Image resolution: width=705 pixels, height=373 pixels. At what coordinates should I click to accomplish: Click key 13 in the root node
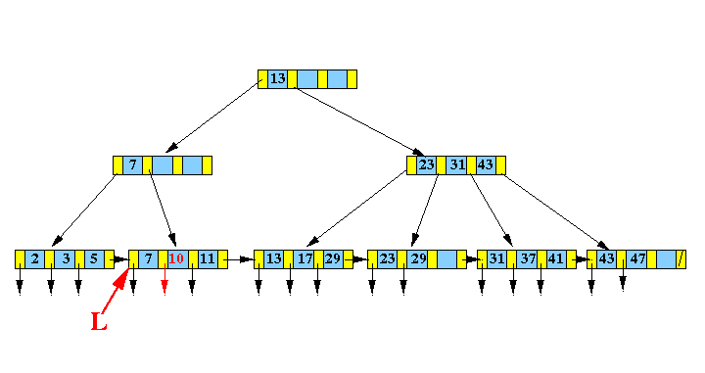click(x=278, y=79)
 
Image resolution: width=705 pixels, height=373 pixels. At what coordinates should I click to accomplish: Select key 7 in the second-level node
click(x=132, y=165)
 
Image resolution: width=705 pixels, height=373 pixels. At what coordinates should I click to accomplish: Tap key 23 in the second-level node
click(x=426, y=165)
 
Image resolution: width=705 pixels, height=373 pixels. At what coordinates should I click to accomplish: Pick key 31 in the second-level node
click(x=456, y=165)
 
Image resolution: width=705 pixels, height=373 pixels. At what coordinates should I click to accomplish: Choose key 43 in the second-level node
click(x=485, y=165)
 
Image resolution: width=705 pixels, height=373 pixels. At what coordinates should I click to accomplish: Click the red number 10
click(x=176, y=259)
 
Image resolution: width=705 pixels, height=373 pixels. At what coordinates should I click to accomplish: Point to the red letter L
click(x=99, y=321)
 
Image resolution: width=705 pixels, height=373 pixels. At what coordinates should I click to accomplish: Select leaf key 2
click(x=35, y=259)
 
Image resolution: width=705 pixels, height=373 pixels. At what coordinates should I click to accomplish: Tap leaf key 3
click(x=65, y=259)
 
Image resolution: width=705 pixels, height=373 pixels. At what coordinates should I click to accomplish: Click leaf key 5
click(x=93, y=259)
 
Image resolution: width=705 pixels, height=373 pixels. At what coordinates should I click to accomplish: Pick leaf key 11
click(x=207, y=259)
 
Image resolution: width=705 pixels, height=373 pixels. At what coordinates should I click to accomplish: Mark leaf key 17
click(x=304, y=259)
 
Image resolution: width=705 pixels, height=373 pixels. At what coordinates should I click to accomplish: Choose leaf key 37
click(x=527, y=259)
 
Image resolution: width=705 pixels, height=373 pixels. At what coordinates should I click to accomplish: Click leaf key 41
click(x=556, y=259)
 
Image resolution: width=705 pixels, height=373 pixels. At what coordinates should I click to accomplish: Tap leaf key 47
click(x=637, y=259)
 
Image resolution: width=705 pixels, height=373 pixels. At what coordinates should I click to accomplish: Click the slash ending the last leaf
click(x=681, y=259)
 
